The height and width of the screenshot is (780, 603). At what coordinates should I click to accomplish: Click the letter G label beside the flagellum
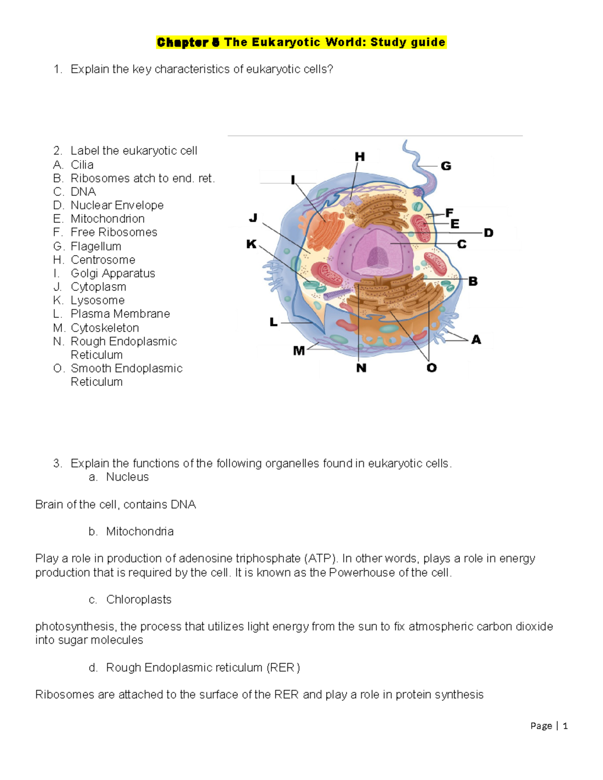(x=446, y=166)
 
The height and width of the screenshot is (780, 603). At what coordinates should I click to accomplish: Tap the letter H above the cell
(x=360, y=157)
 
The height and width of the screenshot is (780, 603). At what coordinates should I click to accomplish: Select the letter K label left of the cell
(x=251, y=244)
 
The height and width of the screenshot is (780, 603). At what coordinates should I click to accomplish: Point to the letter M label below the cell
(x=298, y=351)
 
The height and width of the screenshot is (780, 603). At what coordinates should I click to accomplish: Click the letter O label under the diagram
(x=431, y=368)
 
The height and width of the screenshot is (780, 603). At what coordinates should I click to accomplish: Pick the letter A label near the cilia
(x=476, y=340)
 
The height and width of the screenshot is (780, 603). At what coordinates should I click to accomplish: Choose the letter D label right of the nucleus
(x=488, y=233)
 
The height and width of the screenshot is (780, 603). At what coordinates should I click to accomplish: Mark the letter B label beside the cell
(x=473, y=281)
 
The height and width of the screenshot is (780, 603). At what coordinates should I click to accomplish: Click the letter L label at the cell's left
(x=273, y=322)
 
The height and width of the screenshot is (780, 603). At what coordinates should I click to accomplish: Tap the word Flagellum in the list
(x=96, y=246)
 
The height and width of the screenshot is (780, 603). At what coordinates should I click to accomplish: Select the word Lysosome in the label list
(x=97, y=300)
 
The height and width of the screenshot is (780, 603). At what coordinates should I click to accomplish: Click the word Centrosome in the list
(x=103, y=260)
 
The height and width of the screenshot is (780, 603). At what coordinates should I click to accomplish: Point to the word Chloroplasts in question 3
(x=139, y=600)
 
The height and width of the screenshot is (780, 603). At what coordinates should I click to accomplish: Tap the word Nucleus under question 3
(x=127, y=477)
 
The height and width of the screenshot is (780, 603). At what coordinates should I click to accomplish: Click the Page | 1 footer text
(x=549, y=726)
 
